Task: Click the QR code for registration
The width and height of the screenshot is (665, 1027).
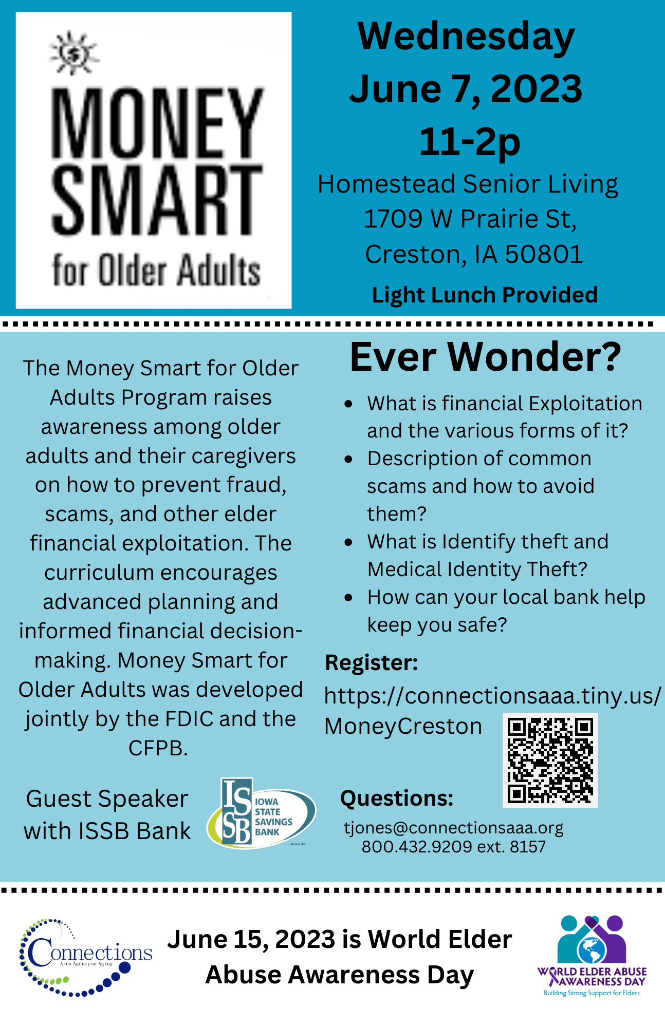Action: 550,760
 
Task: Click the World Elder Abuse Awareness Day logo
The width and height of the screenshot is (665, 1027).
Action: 592,956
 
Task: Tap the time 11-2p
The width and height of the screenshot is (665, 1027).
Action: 470,141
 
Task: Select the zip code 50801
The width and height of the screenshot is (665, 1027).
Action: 544,254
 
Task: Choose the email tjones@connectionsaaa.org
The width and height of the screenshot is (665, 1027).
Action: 454,827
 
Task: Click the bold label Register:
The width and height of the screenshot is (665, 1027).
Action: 372,662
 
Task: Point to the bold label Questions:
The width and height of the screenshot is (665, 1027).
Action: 397,798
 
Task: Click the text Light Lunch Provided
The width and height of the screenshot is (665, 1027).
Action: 485,295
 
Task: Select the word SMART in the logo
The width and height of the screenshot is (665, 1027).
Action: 157,201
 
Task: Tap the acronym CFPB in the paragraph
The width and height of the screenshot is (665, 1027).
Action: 158,748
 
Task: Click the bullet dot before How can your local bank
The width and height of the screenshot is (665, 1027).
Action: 348,598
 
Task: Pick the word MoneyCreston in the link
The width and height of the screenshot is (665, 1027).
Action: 403,727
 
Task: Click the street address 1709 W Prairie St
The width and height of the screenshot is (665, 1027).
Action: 470,219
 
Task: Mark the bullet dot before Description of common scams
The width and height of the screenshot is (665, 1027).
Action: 348,459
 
